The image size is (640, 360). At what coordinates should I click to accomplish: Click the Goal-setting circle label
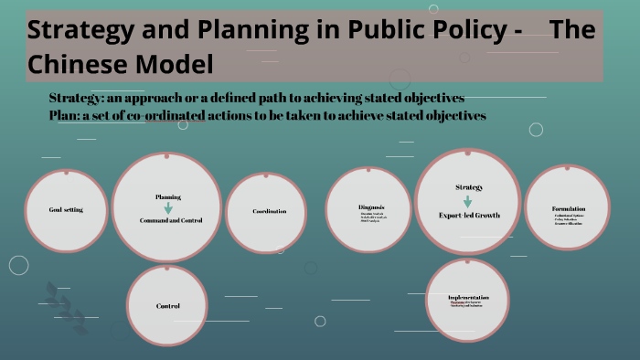point(66,210)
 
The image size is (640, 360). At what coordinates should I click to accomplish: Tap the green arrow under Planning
point(168,208)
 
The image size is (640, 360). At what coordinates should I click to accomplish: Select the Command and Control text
point(167,220)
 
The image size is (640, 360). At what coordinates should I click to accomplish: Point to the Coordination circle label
point(270,211)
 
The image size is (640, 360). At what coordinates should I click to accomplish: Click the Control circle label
point(167,306)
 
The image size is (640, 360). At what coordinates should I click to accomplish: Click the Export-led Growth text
point(469,216)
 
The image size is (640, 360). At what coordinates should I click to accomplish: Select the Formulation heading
point(569,209)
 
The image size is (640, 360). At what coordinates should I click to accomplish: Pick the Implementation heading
point(468,298)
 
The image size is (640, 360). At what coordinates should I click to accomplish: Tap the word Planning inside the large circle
point(168,196)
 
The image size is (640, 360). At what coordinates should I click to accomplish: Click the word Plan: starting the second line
point(66,116)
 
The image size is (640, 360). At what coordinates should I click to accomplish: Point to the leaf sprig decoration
point(64,306)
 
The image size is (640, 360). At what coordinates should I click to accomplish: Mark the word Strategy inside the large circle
point(469,187)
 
